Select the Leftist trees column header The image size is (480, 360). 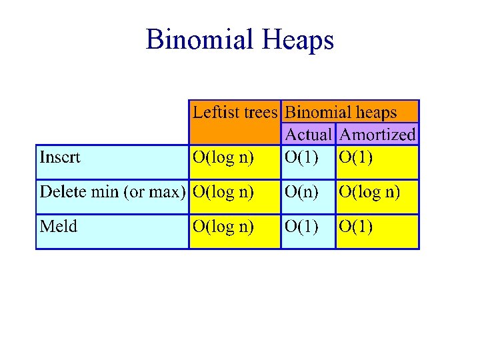pos(235,113)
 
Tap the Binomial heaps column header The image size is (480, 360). pos(341,113)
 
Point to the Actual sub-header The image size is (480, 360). pos(308,135)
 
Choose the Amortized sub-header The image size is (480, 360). pos(377,135)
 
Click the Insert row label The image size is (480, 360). pos(60,157)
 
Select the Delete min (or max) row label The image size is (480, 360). pos(112,192)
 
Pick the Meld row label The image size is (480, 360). pos(59,227)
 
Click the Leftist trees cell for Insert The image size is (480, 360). pos(223,158)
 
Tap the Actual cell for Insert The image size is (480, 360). pos(301,158)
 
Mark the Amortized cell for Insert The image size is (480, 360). pos(356,158)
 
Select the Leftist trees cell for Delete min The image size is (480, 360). pos(223,193)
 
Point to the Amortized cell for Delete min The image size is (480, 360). pos(369,193)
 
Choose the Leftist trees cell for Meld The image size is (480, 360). pos(223,227)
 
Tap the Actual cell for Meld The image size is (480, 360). pos(301,227)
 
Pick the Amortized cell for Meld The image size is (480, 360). pos(356,227)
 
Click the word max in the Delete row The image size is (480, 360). pos(166,193)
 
